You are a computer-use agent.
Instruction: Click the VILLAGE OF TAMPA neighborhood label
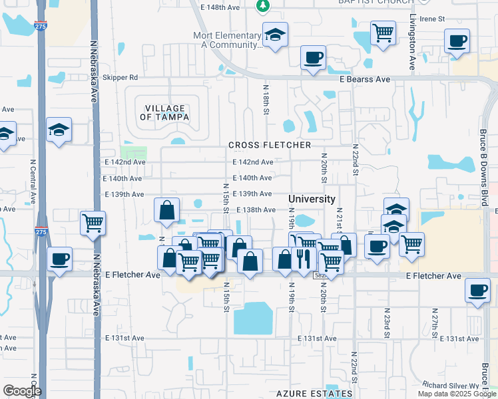coord(164,112)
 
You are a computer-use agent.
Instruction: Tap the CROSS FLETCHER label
coord(270,145)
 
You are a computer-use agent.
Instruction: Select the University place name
coord(312,199)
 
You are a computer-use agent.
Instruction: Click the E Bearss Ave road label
coord(364,79)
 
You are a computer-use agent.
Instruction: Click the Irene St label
coord(431,19)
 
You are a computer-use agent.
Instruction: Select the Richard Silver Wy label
coord(451,385)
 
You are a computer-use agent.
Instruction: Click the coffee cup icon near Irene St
coord(457,41)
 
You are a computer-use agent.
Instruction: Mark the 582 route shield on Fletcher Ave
coord(320,275)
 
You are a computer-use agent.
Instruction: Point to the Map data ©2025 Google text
coord(457,394)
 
